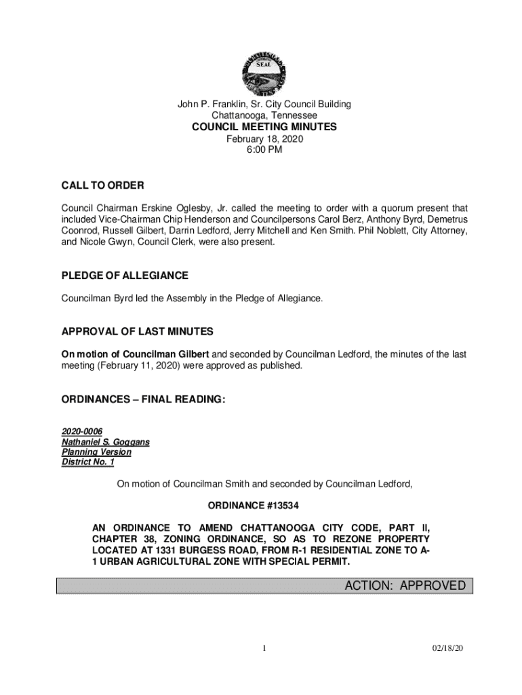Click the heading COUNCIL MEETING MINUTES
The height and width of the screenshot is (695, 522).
[264, 127]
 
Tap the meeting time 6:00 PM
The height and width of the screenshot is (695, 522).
[264, 150]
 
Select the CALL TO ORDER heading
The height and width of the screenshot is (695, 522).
[102, 185]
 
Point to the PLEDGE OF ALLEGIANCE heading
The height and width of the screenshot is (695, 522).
[125, 276]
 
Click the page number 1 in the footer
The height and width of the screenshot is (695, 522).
[265, 649]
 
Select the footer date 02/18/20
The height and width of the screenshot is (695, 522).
[449, 649]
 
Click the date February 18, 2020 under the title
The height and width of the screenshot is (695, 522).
[264, 139]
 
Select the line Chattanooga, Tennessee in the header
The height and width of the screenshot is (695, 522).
[264, 115]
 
